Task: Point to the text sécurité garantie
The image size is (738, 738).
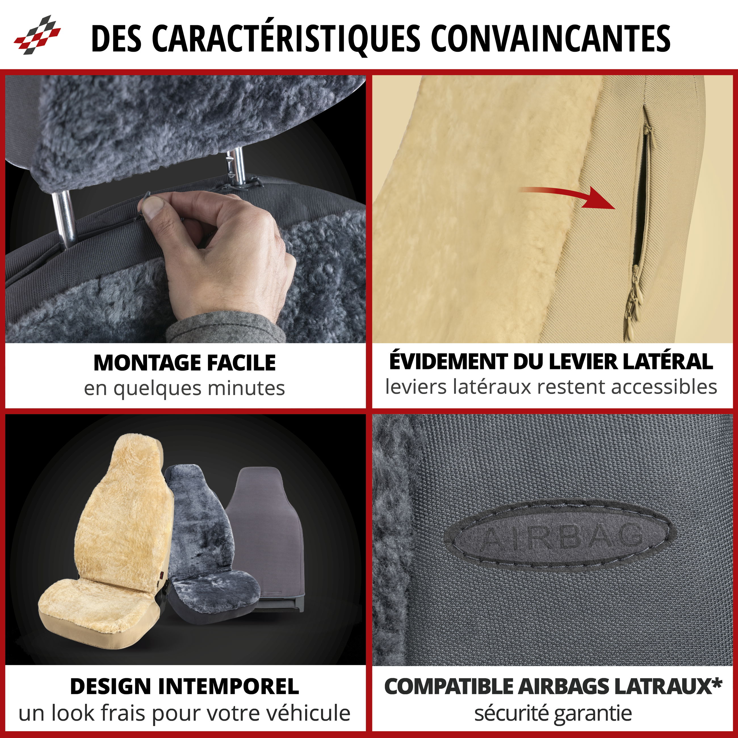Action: click(x=553, y=713)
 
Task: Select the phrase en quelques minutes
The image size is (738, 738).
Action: click(x=184, y=389)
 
